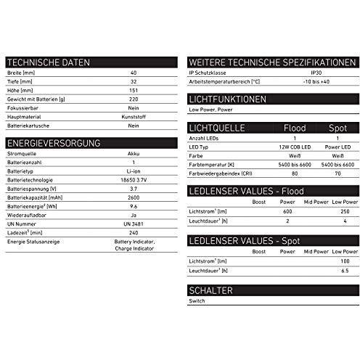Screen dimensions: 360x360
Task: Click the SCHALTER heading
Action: [x=210, y=290]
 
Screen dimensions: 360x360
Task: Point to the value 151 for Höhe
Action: [x=133, y=91]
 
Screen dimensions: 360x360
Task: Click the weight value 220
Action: [x=133, y=99]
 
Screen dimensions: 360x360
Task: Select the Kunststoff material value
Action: [x=133, y=115]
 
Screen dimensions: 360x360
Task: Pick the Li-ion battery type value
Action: [x=133, y=172]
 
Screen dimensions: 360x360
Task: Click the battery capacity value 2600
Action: [x=133, y=197]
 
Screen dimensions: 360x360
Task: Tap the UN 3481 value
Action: [x=133, y=224]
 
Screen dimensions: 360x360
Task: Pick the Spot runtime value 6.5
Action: [x=343, y=269]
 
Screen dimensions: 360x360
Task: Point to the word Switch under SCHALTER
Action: [x=196, y=300]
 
